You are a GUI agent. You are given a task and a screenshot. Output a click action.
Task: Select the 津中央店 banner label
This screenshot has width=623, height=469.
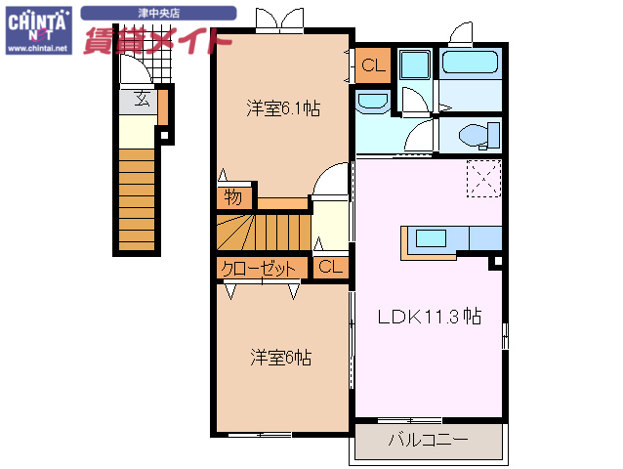(158, 13)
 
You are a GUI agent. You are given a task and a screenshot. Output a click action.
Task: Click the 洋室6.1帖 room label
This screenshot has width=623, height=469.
(281, 109)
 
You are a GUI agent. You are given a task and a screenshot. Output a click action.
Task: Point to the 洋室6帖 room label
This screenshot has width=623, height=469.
(280, 358)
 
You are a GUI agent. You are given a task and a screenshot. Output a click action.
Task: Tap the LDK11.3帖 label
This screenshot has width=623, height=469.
(429, 316)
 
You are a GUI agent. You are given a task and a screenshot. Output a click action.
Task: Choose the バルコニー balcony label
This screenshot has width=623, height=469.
(427, 440)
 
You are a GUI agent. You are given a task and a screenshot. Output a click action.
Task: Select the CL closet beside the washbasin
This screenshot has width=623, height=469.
(372, 65)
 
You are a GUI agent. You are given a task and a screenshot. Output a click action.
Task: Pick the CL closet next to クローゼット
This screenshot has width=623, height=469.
(330, 266)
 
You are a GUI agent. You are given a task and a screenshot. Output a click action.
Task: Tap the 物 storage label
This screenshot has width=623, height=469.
(232, 196)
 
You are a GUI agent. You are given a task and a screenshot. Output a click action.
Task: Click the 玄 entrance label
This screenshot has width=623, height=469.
(141, 98)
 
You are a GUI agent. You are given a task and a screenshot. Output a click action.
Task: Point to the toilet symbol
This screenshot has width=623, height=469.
(473, 134)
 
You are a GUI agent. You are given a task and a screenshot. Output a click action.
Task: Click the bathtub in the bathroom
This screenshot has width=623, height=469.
(471, 65)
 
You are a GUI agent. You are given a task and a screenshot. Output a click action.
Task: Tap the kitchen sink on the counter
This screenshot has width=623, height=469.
(430, 236)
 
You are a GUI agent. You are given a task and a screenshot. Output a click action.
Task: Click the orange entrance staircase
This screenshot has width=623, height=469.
(137, 199)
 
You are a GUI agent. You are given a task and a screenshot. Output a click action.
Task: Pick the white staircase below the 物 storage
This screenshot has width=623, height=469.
(262, 233)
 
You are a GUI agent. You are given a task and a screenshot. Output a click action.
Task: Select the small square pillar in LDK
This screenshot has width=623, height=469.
(496, 262)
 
